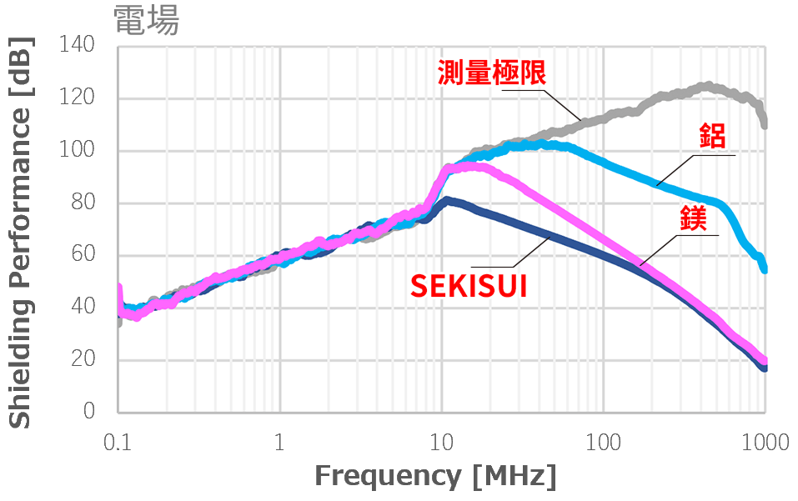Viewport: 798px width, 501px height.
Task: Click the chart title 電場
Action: [146, 21]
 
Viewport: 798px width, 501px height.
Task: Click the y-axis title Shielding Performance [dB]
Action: [22, 232]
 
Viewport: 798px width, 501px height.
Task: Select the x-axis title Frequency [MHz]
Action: [434, 476]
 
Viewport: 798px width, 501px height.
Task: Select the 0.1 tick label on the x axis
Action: [118, 441]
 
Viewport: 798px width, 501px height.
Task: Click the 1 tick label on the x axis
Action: [279, 441]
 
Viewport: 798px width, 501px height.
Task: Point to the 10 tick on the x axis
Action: [441, 441]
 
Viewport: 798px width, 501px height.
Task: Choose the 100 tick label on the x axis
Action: [603, 441]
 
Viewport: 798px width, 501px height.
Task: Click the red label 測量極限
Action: [492, 73]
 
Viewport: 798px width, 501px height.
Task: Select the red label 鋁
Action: [712, 135]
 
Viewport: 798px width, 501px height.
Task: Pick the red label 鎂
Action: [694, 218]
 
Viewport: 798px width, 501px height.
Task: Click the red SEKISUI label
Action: [469, 286]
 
